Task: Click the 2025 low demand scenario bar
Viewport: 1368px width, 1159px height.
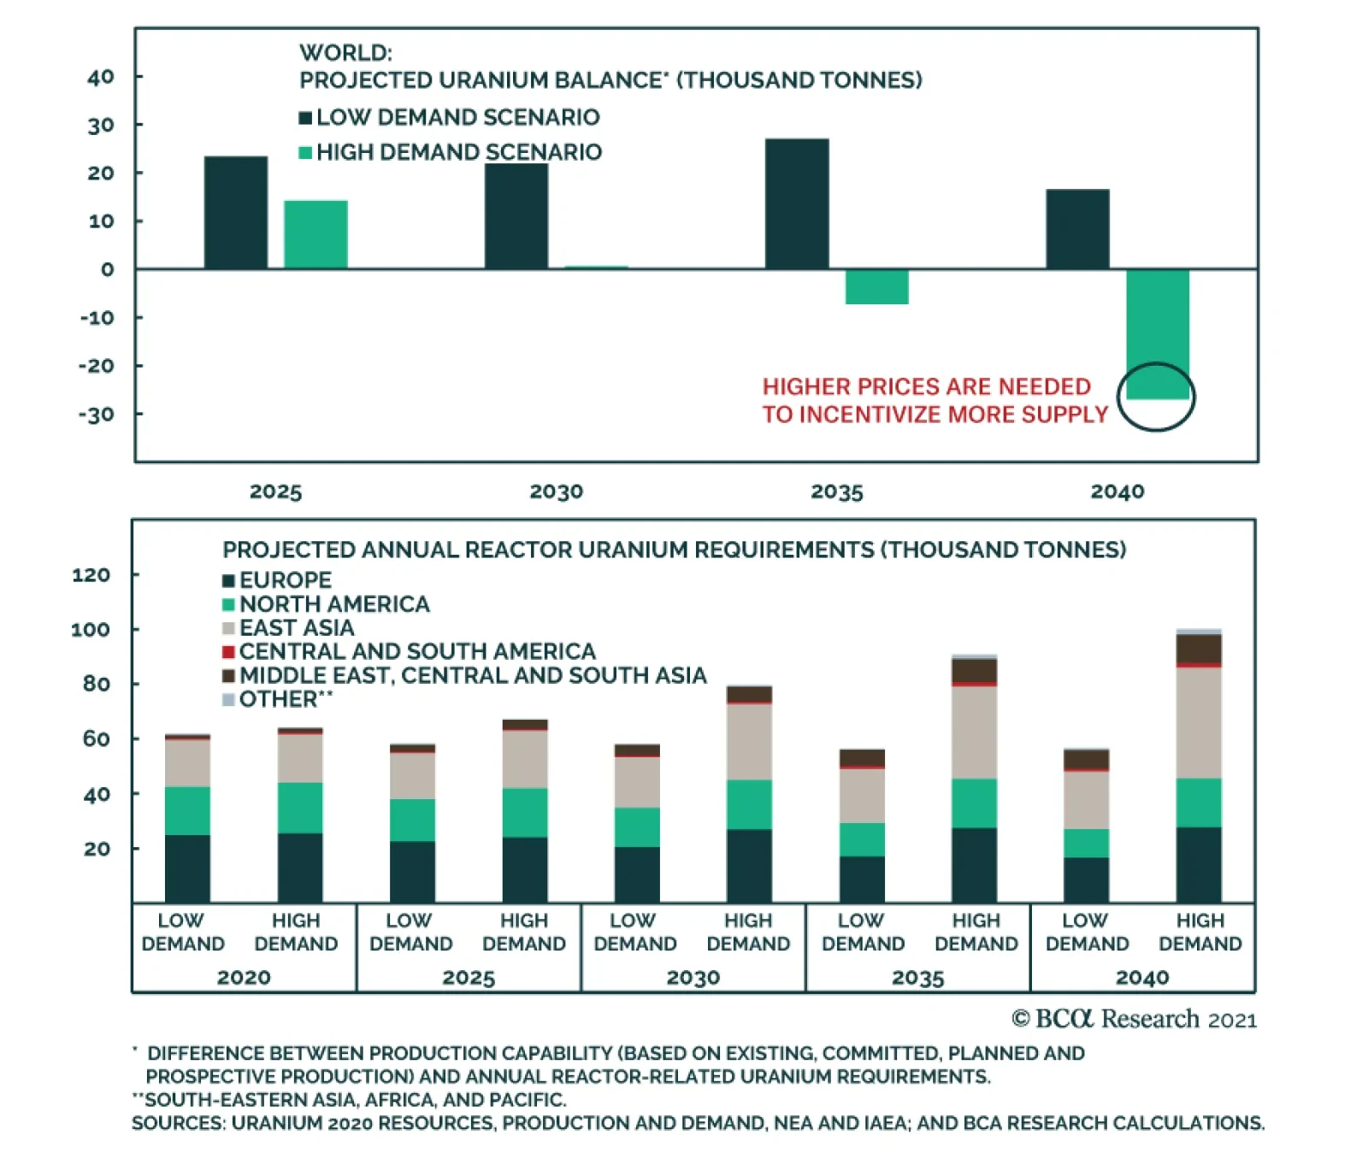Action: tap(235, 212)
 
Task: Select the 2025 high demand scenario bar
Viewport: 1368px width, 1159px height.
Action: tap(315, 234)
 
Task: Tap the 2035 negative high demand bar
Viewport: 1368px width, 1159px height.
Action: tap(876, 286)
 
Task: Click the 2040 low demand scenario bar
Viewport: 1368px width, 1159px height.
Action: tap(1077, 229)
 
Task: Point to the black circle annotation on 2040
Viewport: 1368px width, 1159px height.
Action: tap(1156, 397)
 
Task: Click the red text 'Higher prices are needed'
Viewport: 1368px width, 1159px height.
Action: tap(926, 386)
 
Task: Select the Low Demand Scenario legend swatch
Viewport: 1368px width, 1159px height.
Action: tap(305, 118)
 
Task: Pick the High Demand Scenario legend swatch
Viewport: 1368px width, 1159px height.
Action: tap(305, 153)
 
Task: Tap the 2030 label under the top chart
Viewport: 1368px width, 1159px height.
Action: tap(556, 491)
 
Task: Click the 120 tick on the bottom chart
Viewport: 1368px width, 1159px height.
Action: tap(91, 575)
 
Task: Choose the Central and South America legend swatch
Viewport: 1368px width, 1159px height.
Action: tap(228, 652)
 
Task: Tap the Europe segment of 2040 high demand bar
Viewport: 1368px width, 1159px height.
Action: tap(1199, 864)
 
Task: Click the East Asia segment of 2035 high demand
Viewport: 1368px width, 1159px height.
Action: tap(974, 732)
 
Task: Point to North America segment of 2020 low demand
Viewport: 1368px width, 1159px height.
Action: tap(187, 810)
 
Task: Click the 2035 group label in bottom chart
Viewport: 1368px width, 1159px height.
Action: tap(917, 977)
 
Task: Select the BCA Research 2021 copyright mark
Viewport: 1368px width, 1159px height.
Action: tap(1134, 1019)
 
